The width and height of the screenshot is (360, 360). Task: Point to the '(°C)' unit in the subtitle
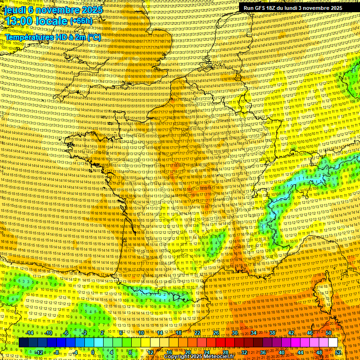tap(93, 37)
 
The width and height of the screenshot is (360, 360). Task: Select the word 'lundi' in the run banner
tap(298, 8)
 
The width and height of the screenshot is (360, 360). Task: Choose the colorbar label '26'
tap(216, 333)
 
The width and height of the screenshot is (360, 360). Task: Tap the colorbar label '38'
tap(272, 333)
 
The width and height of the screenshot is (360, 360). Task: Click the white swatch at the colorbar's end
tap(333, 343)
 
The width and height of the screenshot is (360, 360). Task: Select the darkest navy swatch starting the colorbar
tap(23, 343)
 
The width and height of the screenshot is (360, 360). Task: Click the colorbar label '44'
tap(300, 352)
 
